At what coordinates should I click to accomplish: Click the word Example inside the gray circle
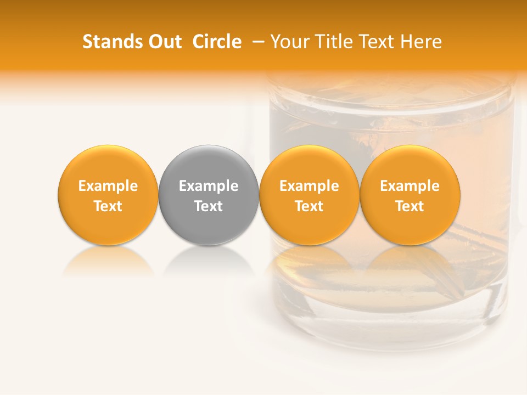(209, 186)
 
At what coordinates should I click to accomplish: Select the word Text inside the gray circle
(209, 206)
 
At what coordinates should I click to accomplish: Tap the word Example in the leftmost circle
(108, 186)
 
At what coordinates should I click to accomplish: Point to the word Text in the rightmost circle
(410, 206)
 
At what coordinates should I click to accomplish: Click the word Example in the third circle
(309, 186)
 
